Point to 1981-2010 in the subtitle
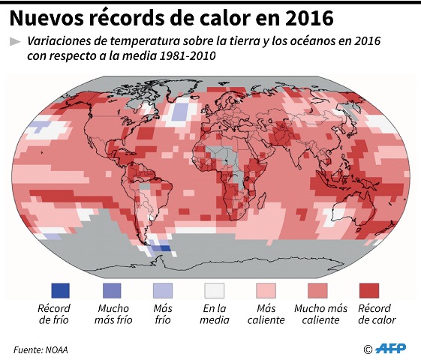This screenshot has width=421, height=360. click(x=179, y=56)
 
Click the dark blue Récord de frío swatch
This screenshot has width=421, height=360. click(x=60, y=289)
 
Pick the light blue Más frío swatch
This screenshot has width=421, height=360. click(x=163, y=289)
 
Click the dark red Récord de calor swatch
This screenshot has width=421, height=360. click(x=368, y=289)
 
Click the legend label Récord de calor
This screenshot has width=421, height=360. click(x=376, y=314)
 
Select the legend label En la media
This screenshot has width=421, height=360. click(x=215, y=314)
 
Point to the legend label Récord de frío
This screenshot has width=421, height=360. click(x=53, y=314)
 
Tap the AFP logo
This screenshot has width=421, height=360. click(x=390, y=349)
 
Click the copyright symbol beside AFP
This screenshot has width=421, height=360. click(x=368, y=349)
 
